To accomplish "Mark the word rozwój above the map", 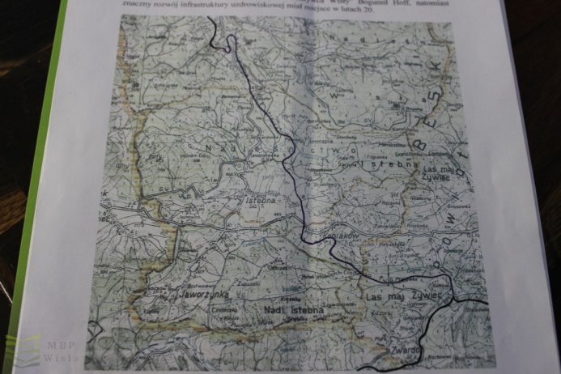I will [168, 15].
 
